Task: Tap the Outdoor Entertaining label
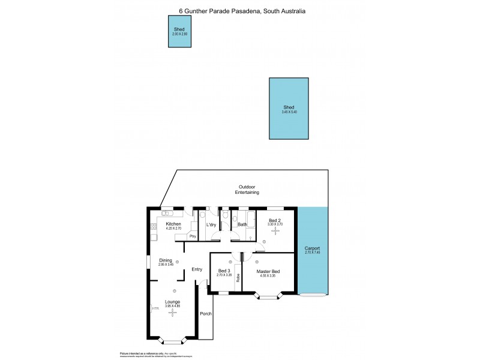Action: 247,190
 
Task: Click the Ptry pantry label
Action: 193,236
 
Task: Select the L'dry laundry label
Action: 211,225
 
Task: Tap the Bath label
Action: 242,225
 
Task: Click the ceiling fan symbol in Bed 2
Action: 275,231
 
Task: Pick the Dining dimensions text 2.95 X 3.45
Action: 166,265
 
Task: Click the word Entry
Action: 197,269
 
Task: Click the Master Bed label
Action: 268,272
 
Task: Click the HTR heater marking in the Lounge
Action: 155,308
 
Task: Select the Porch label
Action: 205,314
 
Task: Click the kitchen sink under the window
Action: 167,212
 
